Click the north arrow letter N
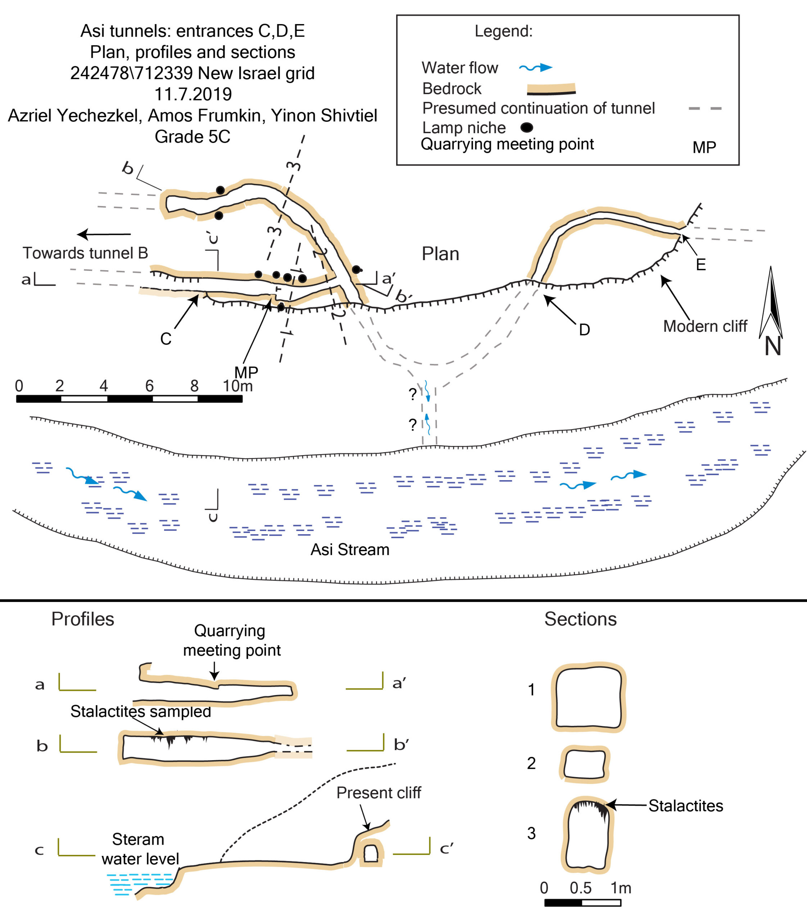point(772,347)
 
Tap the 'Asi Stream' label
point(350,550)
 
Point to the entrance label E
point(701,265)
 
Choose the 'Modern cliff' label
point(705,326)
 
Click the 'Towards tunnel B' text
point(85,253)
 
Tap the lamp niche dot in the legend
point(526,128)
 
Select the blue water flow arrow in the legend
point(535,68)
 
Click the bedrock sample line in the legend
point(551,89)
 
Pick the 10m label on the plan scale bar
point(237,386)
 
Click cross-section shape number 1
point(589,698)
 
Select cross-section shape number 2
point(585,764)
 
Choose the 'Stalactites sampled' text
point(141,712)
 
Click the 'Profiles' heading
point(82,619)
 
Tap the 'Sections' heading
point(580,619)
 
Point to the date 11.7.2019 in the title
point(193,95)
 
